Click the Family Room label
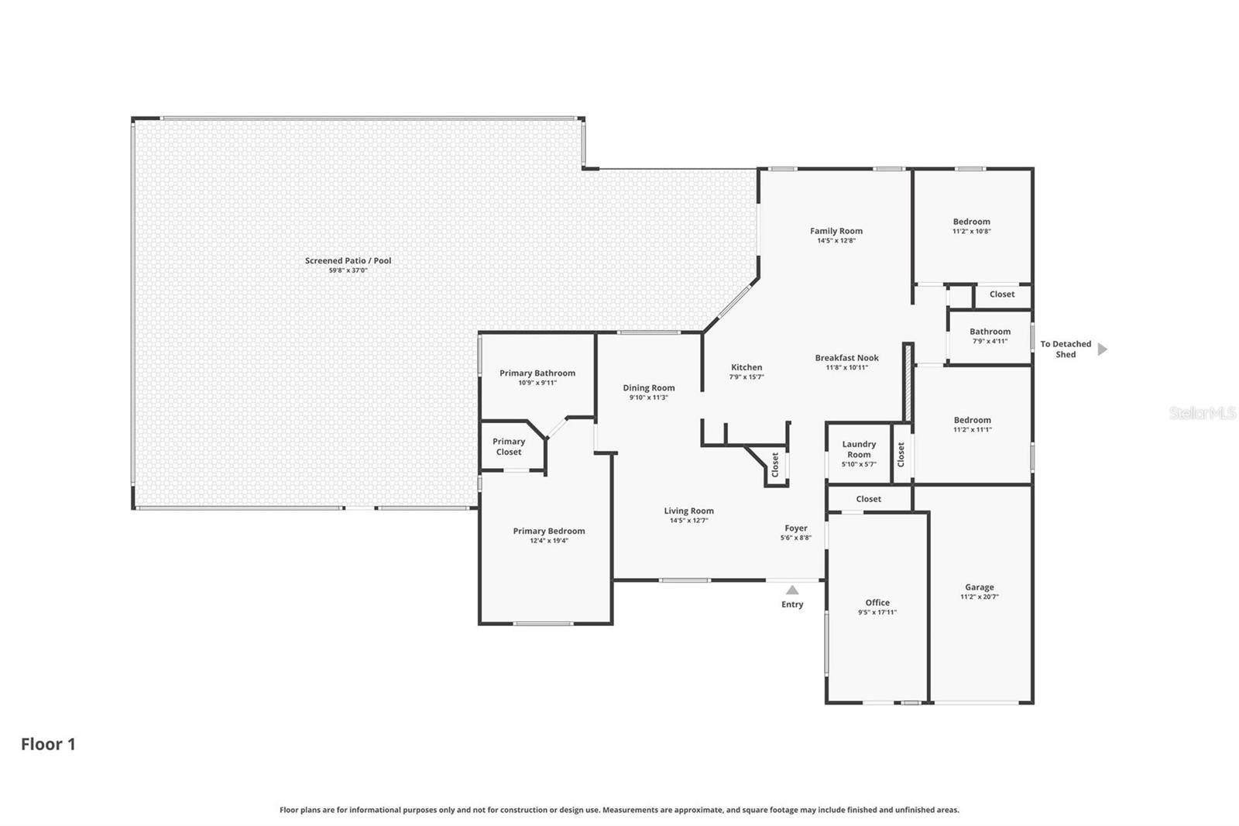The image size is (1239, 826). pos(836,231)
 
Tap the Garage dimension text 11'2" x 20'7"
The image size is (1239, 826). pos(980,597)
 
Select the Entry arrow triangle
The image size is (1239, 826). pos(792,590)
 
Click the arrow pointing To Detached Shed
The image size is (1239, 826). pos(1103,349)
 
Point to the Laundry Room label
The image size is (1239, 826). pos(859,449)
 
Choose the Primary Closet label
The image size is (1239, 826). pos(509,446)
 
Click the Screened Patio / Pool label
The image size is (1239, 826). pos(348,260)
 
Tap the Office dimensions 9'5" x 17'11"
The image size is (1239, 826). pos(877,612)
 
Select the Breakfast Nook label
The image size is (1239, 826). pos(846,358)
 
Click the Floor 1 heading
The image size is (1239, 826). pos(48,744)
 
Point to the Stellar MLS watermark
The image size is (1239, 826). pos(1202,413)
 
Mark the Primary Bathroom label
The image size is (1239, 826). pos(537,373)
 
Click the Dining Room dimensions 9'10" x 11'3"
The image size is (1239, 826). pos(648,398)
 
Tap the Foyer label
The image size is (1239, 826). pos(795,528)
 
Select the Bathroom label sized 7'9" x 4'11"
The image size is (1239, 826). pos(990,332)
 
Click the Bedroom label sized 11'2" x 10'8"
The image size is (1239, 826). pos(971,222)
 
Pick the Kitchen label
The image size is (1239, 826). pos(746,367)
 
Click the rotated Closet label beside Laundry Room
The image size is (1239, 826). pos(901,454)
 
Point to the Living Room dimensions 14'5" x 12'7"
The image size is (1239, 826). pos(688,521)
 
